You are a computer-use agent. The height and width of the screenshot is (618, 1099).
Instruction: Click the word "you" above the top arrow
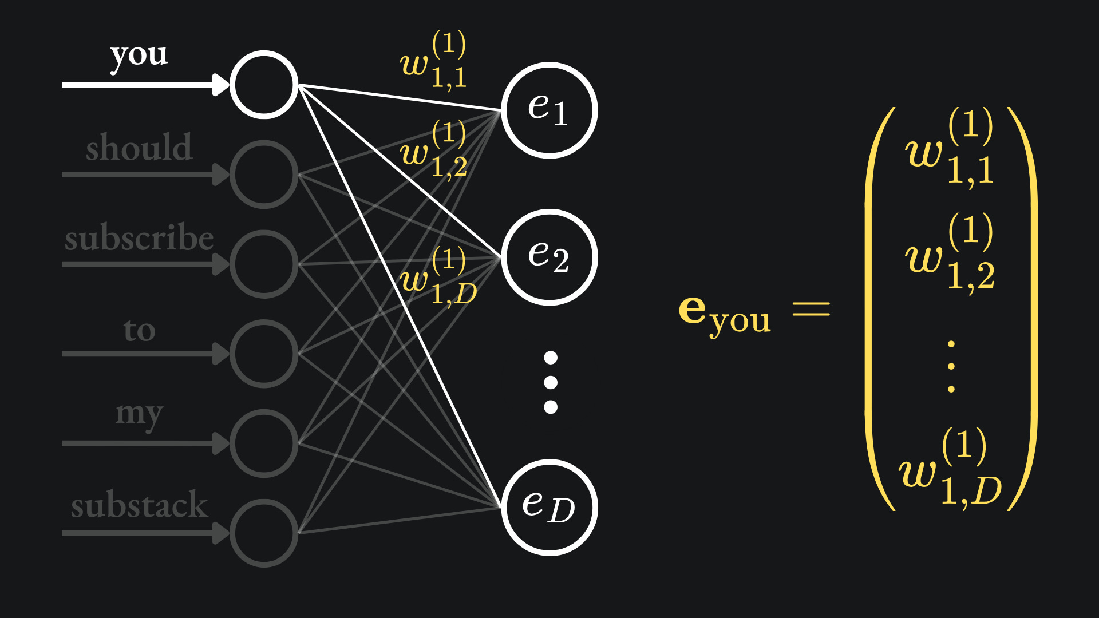tap(139, 56)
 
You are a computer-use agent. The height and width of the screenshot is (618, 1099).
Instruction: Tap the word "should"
tap(139, 148)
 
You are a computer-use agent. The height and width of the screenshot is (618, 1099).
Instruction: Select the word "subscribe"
tap(139, 238)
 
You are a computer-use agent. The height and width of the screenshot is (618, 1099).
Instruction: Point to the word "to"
tap(139, 330)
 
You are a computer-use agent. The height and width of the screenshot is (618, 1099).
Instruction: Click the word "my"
tap(139, 413)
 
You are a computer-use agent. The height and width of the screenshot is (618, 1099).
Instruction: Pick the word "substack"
tap(139, 505)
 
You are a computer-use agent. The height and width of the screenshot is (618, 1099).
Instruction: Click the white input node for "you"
tap(264, 85)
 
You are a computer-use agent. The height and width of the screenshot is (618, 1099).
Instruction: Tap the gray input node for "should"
tap(264, 175)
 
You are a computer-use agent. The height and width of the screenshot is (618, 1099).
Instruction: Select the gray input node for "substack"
tap(264, 533)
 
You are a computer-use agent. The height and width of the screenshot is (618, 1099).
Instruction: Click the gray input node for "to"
tap(264, 354)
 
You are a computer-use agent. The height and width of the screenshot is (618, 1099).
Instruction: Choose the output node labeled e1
tap(549, 109)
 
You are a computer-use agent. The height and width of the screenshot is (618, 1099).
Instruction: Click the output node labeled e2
tap(549, 257)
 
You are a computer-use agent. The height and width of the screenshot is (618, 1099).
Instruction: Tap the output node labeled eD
tap(549, 508)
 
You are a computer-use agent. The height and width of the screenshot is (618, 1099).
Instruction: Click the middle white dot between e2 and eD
tap(551, 382)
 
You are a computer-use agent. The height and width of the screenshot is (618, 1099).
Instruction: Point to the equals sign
tap(811, 310)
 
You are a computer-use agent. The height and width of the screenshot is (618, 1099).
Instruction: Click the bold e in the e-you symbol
tap(693, 310)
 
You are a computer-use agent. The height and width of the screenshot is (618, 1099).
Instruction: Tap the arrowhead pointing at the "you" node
tap(221, 85)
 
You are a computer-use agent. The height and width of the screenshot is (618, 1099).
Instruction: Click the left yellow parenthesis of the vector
tap(875, 309)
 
